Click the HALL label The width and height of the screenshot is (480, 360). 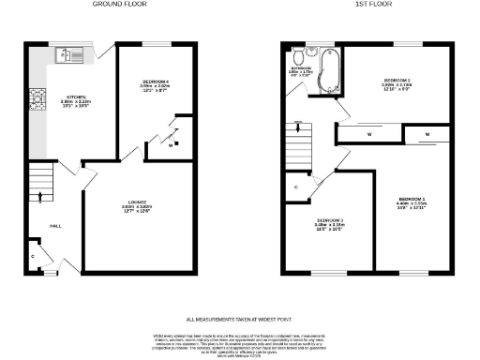[55, 225]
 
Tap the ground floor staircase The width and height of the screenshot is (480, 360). [40, 183]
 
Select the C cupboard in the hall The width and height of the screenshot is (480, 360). [35, 255]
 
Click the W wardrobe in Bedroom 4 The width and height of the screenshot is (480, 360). [171, 145]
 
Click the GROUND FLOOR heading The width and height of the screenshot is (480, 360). [117, 5]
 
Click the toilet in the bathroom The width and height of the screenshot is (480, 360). [297, 53]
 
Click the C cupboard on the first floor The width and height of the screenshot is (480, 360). [296, 187]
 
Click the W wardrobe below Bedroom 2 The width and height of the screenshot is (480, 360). [371, 135]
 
